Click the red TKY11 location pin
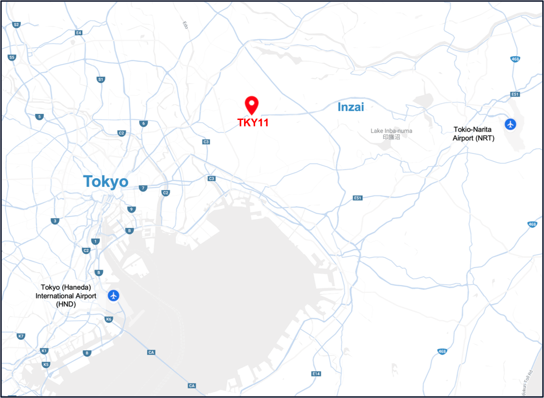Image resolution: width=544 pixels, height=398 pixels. click(251, 104)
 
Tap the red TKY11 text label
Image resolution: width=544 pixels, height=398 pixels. click(253, 122)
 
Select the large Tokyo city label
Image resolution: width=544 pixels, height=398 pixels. click(105, 182)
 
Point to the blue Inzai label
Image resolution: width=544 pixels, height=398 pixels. click(350, 107)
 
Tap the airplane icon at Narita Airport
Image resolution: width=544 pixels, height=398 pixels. click(511, 124)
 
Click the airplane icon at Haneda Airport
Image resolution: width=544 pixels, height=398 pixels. click(114, 295)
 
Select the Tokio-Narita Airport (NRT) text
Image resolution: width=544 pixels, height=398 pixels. click(473, 134)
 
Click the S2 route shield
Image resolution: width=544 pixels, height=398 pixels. click(16, 25)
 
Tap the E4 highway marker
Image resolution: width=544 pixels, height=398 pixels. click(79, 33)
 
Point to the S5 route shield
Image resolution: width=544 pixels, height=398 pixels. click(12, 57)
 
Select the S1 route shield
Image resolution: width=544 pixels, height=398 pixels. click(100, 80)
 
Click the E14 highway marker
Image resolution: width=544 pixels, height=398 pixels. click(316, 373)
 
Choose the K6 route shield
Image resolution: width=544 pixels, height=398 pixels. click(109, 319)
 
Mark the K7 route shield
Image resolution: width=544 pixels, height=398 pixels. click(20, 336)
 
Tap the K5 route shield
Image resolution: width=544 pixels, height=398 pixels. click(45, 364)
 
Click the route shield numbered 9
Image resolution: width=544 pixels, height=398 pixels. click(131, 209)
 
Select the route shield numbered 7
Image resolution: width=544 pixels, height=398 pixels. click(143, 188)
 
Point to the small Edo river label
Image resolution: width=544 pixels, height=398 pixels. click(185, 25)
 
